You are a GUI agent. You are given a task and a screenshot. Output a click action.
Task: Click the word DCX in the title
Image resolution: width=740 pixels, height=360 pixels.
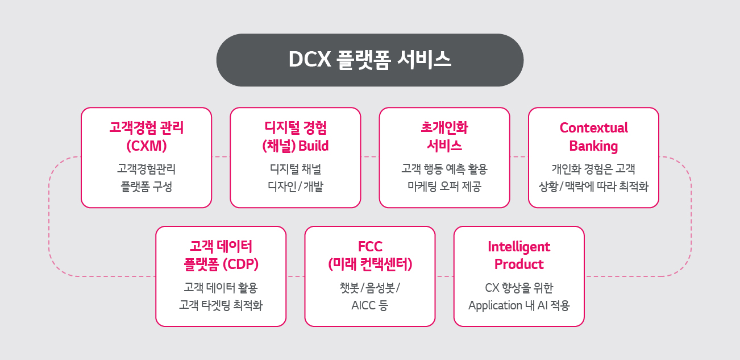310,60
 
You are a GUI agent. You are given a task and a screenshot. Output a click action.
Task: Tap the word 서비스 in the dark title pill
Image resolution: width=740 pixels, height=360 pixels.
424,60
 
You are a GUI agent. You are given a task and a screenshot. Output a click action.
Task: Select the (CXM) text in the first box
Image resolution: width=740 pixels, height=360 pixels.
146,146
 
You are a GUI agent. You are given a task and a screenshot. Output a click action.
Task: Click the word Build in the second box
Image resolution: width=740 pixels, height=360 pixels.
314,146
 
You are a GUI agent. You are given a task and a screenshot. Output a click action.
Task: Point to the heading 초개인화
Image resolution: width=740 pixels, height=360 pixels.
444,127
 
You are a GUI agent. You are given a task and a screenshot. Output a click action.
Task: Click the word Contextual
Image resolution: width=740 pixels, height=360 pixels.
594,128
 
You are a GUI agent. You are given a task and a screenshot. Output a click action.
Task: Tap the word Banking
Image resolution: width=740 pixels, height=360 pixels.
593,146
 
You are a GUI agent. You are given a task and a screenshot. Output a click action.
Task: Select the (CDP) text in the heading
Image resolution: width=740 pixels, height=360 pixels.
240,264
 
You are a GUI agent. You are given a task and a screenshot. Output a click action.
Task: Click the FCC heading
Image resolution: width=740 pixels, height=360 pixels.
370,247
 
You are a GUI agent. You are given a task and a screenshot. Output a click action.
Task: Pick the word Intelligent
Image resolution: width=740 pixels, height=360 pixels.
519,247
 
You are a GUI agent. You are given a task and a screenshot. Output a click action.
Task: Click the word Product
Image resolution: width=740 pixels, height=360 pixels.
519,264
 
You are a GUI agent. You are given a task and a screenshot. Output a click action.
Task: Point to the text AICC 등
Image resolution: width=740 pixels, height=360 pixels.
369,305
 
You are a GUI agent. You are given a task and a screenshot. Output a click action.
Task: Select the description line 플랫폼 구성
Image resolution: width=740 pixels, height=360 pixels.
146,187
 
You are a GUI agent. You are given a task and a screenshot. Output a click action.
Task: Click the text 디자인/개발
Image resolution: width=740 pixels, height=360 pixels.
296,187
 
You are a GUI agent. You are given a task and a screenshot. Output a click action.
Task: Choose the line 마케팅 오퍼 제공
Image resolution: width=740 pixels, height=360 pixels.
444,187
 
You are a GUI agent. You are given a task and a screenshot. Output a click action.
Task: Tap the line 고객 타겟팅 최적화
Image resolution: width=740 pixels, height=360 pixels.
221,305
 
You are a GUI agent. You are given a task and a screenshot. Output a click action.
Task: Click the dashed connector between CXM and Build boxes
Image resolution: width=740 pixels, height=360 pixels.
221,157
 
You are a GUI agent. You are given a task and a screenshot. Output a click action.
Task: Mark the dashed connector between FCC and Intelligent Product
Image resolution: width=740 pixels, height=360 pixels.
444,276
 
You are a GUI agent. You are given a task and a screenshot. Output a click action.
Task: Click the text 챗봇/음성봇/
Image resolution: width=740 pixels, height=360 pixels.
370,288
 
